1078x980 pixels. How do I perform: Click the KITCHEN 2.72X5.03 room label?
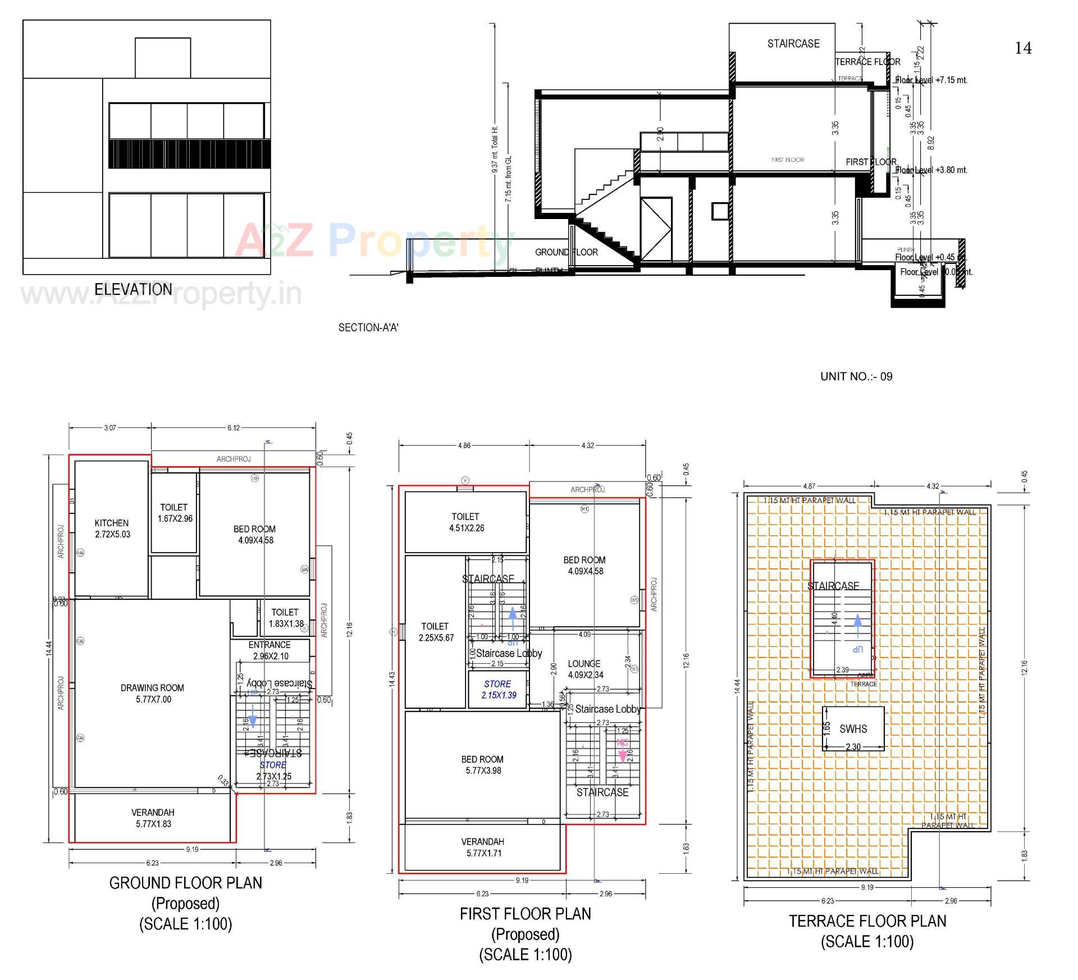[x=112, y=528]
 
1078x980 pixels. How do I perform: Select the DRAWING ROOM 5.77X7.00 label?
[x=153, y=694]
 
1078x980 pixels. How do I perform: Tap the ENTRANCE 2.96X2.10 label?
[x=270, y=650]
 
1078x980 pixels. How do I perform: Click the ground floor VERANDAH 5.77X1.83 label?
[x=153, y=818]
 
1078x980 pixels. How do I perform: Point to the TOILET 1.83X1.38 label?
[x=285, y=618]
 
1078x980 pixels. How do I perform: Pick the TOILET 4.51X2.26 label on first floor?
[x=465, y=522]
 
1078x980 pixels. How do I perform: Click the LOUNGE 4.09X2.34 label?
[x=584, y=669]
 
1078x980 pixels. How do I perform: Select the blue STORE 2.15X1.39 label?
[x=497, y=690]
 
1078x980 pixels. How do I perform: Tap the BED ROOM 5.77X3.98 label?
[x=482, y=765]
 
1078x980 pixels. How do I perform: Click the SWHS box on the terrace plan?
[x=853, y=729]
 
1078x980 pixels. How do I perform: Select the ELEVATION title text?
[x=133, y=289]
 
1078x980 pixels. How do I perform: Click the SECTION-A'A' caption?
[x=368, y=327]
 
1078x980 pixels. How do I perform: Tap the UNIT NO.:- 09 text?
[x=856, y=376]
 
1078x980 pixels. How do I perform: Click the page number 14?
[x=1023, y=48]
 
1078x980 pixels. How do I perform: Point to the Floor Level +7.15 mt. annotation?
[x=931, y=80]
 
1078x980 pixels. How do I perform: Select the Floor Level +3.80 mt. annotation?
[x=931, y=170]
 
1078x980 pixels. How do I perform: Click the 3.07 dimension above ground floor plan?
[x=110, y=428]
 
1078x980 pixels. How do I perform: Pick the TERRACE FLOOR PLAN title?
[x=867, y=921]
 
